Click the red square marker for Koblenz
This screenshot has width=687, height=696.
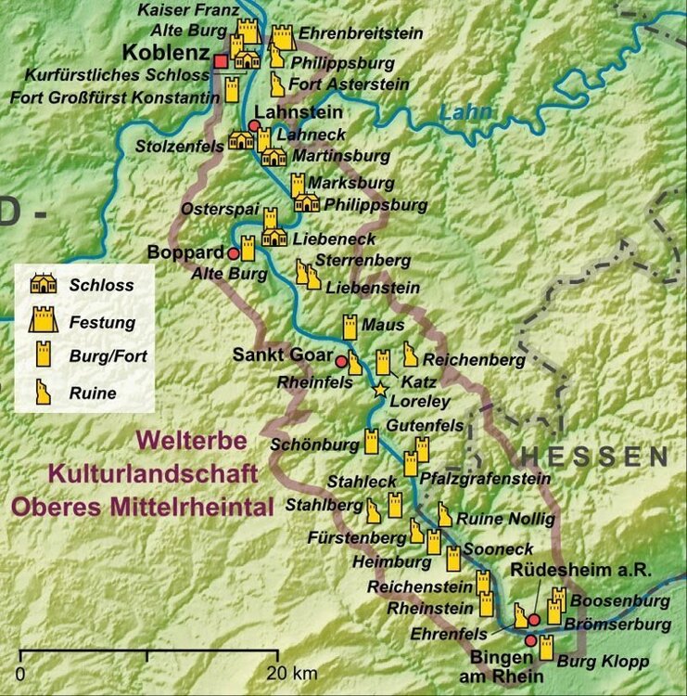coord(220,61)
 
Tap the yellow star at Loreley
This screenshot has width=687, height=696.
coord(379,391)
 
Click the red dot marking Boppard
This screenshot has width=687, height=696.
coord(232,253)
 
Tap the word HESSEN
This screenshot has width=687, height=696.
coord(593,456)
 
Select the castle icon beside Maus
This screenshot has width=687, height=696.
coord(350,327)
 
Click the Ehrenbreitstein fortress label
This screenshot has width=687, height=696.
coord(362,33)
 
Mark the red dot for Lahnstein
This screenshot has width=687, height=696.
coord(254,125)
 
